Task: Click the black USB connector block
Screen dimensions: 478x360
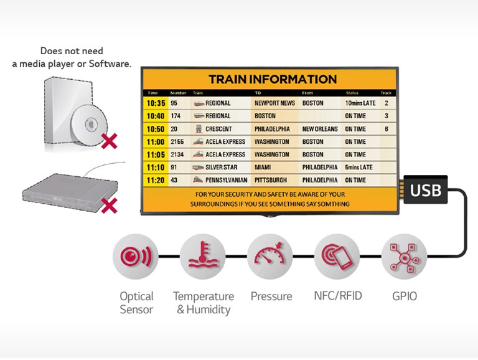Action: tap(426, 189)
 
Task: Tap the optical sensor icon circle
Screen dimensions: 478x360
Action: tap(136, 257)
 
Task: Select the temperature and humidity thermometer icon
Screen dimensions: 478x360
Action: tap(203, 257)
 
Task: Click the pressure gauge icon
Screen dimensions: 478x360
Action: tap(269, 257)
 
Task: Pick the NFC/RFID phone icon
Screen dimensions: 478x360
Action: tap(337, 257)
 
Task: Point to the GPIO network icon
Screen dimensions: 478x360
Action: tap(404, 257)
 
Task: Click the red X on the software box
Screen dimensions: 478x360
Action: tap(109, 141)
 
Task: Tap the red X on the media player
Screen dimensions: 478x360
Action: tap(109, 206)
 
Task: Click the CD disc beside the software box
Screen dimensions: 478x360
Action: tap(89, 124)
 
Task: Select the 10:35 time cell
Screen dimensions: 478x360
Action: tap(156, 103)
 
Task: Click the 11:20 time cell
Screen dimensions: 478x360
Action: tap(156, 180)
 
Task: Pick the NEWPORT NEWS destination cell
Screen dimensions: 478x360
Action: tap(274, 103)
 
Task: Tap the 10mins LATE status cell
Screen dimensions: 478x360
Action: tap(360, 103)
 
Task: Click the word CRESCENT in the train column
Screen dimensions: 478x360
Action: tap(218, 129)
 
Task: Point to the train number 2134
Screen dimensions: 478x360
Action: tap(177, 154)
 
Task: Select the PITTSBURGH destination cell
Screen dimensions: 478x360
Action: tap(271, 180)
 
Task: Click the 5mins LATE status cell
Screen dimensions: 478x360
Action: tap(358, 167)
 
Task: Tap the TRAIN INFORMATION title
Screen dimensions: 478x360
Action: tap(273, 79)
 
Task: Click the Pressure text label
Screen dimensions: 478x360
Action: tap(271, 296)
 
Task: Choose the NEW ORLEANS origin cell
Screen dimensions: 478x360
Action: tap(320, 129)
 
